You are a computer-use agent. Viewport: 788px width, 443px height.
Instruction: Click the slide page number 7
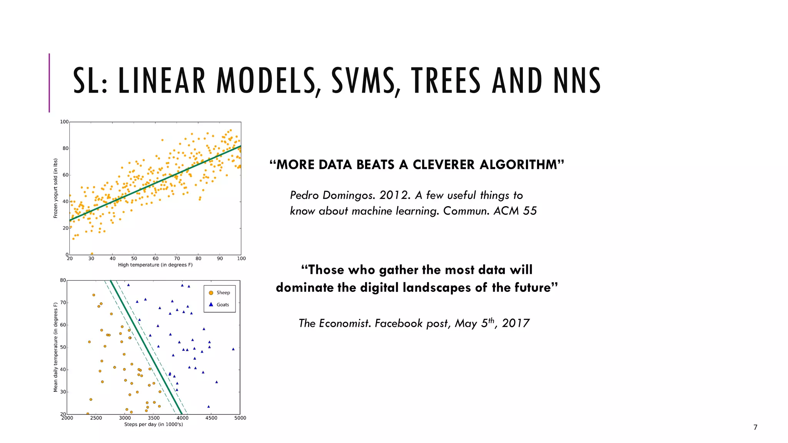pyautogui.click(x=755, y=427)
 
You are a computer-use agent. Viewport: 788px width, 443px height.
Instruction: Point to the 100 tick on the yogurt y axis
pyautogui.click(x=64, y=122)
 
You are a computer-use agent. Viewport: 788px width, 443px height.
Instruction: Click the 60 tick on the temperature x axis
pyautogui.click(x=155, y=258)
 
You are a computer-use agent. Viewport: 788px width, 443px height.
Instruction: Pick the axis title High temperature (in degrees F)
pyautogui.click(x=155, y=265)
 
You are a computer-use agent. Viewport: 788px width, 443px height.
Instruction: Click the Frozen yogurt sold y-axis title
pyautogui.click(x=55, y=188)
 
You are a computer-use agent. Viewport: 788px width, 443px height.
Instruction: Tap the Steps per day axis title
pyautogui.click(x=154, y=425)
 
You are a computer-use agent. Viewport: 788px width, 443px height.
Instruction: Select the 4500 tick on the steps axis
pyautogui.click(x=211, y=418)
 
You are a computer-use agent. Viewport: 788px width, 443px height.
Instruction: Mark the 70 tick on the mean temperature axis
pyautogui.click(x=63, y=303)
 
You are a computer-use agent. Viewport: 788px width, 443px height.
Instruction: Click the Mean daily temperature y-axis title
pyautogui.click(x=55, y=347)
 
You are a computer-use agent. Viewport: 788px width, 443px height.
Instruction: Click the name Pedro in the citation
pyautogui.click(x=304, y=195)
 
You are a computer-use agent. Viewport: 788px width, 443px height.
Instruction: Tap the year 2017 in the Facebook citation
pyautogui.click(x=516, y=323)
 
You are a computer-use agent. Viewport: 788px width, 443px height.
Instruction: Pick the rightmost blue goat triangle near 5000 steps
pyautogui.click(x=233, y=349)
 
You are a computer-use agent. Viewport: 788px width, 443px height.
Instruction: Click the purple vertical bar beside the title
pyautogui.click(x=49, y=83)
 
